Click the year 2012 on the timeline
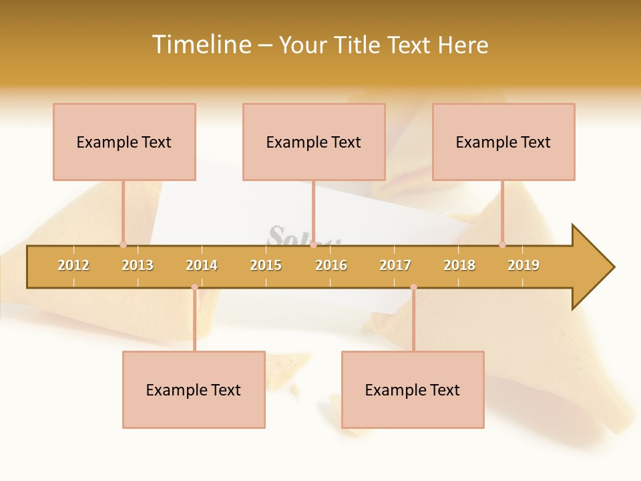73,265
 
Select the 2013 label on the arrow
138,265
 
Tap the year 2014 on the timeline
202,265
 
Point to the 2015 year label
266,265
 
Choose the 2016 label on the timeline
331,265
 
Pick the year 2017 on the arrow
395,265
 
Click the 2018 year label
459,265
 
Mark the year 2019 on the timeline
523,265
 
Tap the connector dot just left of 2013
123,245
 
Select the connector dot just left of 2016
313,245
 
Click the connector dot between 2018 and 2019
503,245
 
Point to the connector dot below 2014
194,287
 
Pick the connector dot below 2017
413,287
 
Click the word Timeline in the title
201,45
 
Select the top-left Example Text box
124,142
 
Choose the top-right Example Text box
503,142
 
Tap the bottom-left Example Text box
194,389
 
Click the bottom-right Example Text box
413,389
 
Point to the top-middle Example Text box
314,142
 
